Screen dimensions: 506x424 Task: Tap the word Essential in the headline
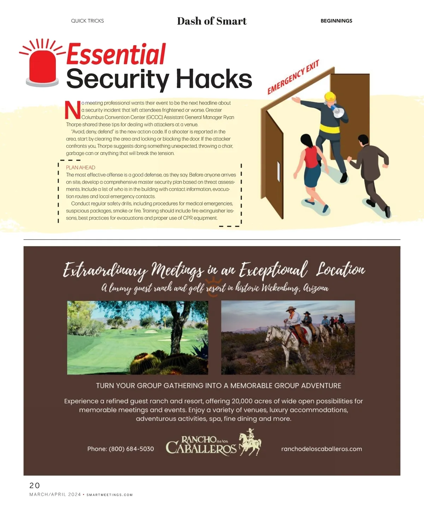pyautogui.click(x=116, y=54)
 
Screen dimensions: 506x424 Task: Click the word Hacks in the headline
pyautogui.click(x=214, y=79)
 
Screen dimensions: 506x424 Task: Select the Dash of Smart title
pyautogui.click(x=212, y=21)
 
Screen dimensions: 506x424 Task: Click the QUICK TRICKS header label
pyautogui.click(x=87, y=21)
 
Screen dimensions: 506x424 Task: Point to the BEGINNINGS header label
pyautogui.click(x=336, y=21)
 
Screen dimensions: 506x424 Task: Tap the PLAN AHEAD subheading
pyautogui.click(x=81, y=167)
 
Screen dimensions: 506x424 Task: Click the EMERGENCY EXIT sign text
pyautogui.click(x=293, y=77)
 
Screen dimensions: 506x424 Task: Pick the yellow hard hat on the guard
pyautogui.click(x=330, y=96)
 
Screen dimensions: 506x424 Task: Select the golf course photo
pyautogui.click(x=137, y=337)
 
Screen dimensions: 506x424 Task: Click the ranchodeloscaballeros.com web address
pyautogui.click(x=321, y=449)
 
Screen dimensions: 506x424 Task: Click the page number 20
pyautogui.click(x=35, y=486)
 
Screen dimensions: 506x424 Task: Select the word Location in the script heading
pyautogui.click(x=340, y=270)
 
